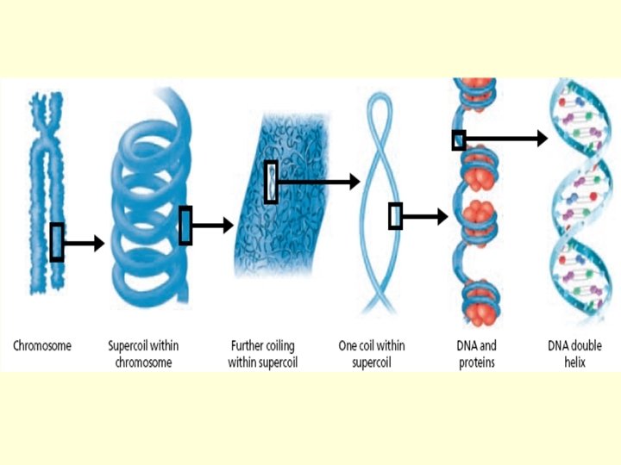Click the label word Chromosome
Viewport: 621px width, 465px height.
click(42, 346)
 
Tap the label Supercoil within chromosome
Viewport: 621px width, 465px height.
click(140, 354)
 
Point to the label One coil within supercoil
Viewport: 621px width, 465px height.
click(372, 354)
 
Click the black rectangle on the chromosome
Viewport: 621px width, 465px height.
click(57, 242)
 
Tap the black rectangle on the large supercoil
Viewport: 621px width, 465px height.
click(185, 226)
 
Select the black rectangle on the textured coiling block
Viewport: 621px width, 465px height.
click(271, 182)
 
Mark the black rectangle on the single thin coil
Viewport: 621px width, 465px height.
click(395, 216)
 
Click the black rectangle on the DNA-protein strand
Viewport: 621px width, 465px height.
click(459, 139)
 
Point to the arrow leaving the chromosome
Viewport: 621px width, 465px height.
click(84, 244)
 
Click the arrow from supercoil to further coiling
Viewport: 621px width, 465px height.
click(212, 226)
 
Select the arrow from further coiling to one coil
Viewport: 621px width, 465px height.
click(318, 182)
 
